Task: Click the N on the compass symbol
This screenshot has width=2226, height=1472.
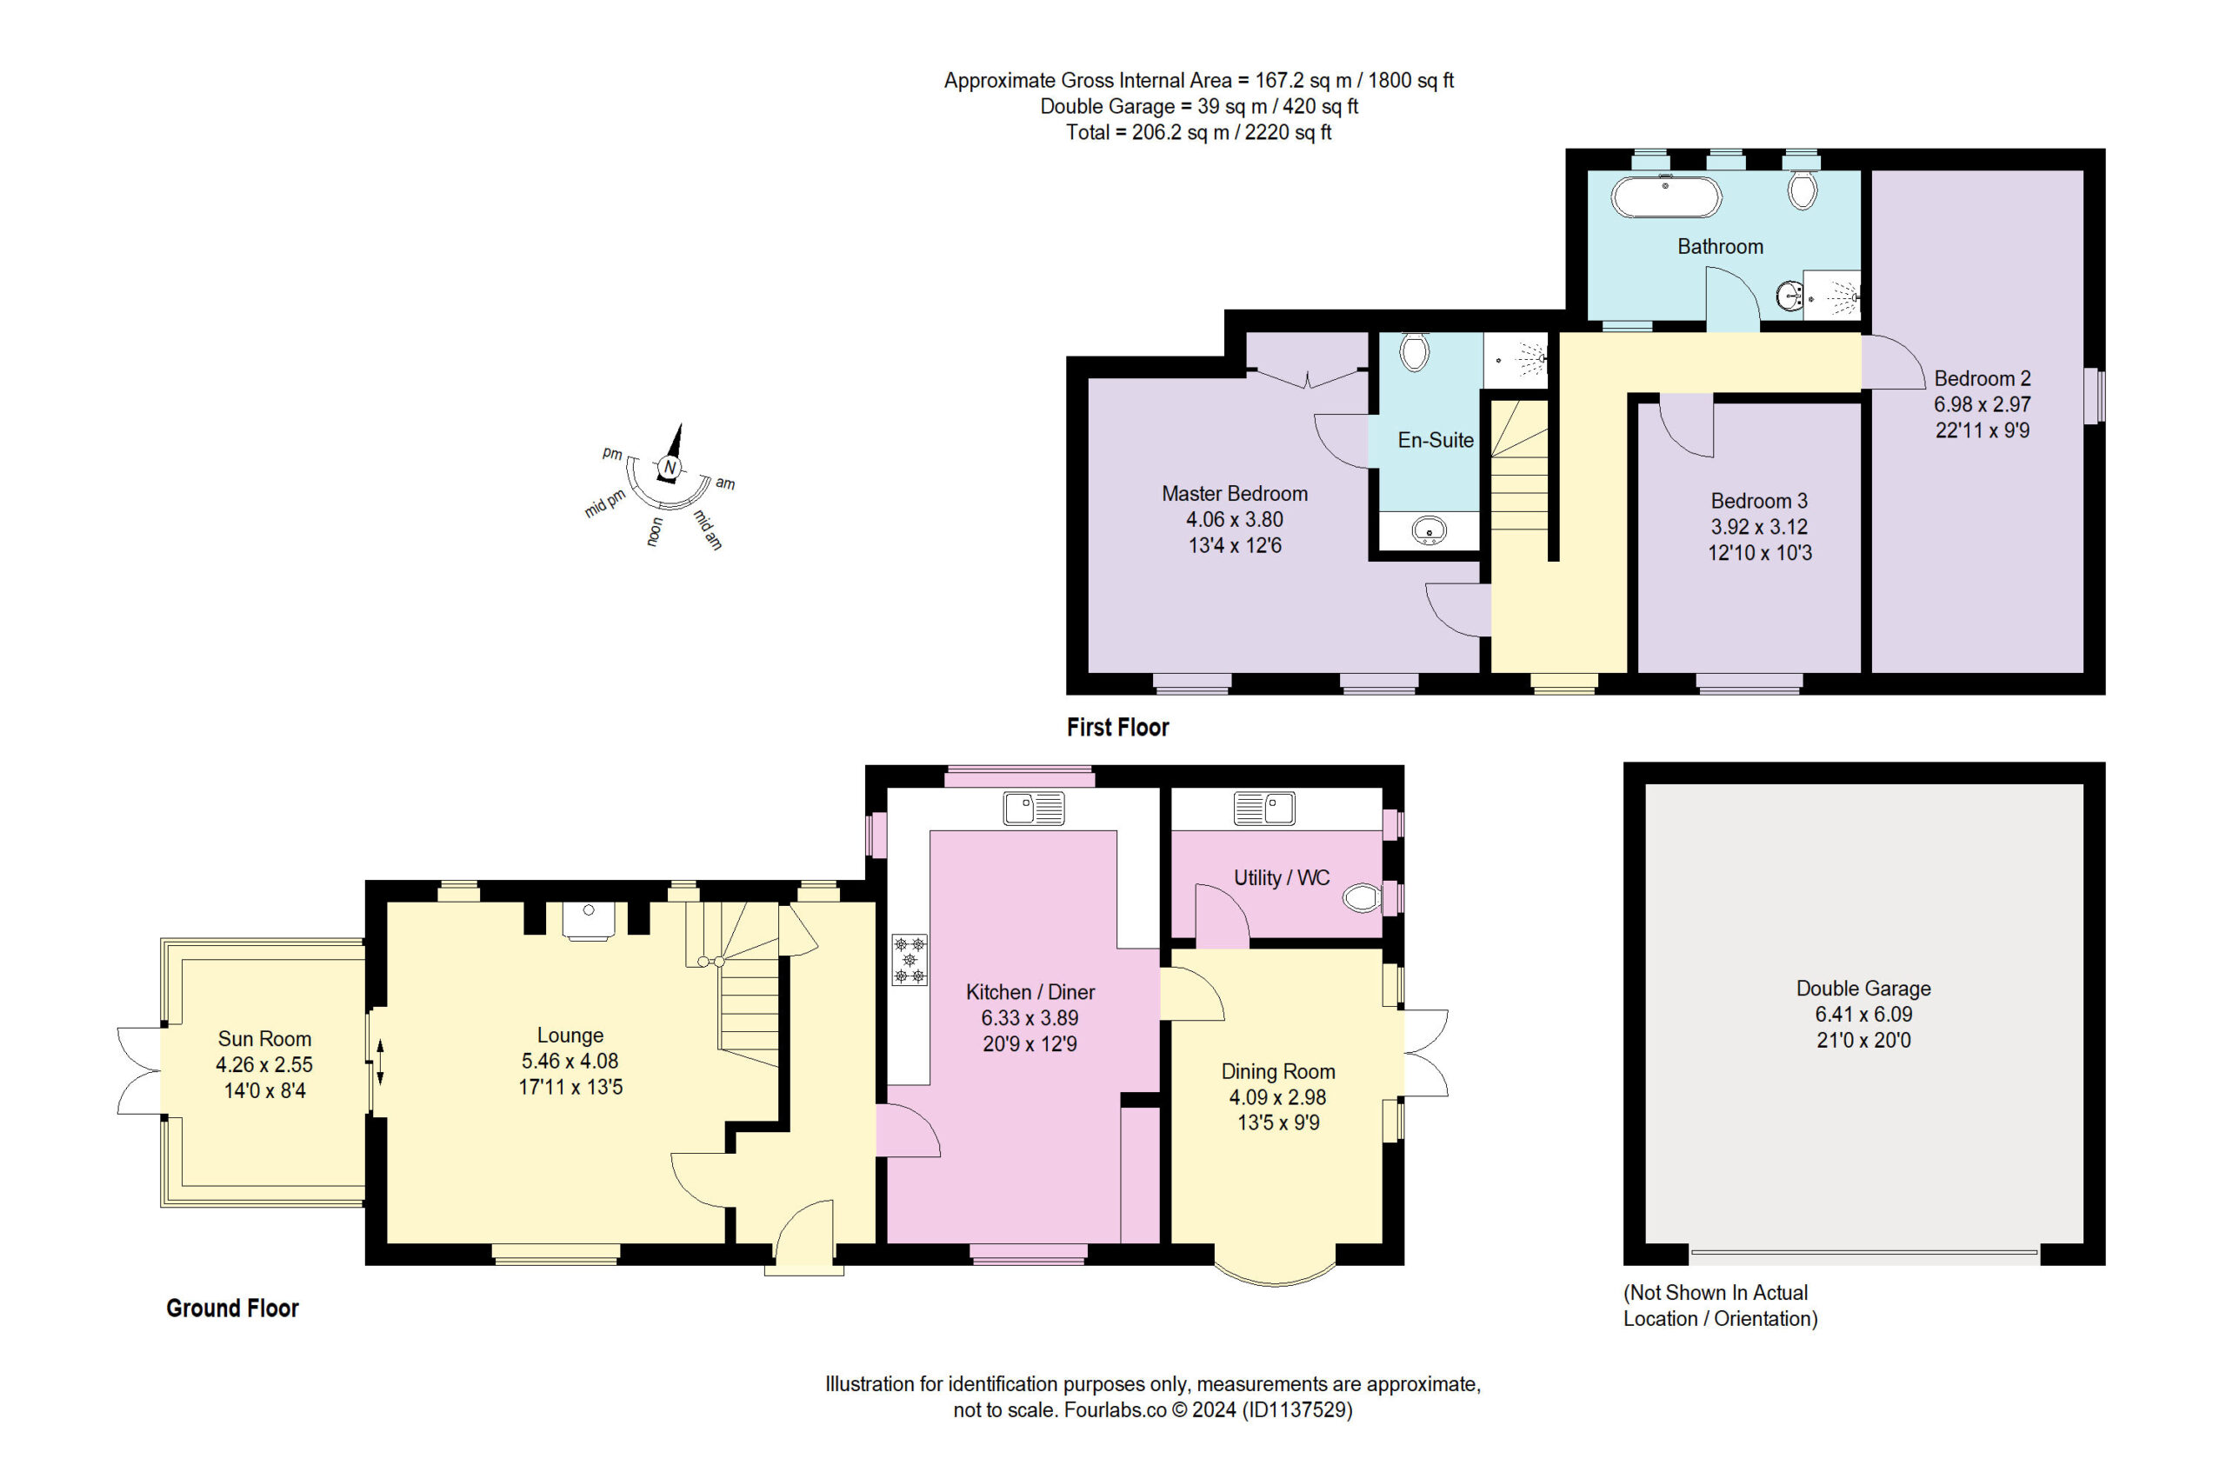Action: [x=669, y=468]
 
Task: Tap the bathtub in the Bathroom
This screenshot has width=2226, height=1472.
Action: [x=1665, y=197]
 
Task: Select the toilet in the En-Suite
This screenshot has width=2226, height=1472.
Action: [x=1413, y=352]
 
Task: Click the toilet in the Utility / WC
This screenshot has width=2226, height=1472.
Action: [x=1363, y=898]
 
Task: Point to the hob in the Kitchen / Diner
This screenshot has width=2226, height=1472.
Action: [x=909, y=959]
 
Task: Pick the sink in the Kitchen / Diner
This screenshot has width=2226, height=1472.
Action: [x=1033, y=808]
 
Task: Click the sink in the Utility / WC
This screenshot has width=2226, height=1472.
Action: [x=1263, y=808]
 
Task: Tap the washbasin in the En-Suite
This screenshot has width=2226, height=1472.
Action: [x=1429, y=530]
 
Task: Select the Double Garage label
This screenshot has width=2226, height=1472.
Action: [x=1863, y=988]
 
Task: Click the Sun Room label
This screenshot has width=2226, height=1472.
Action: [x=263, y=1038]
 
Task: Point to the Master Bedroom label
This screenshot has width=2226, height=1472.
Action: [x=1234, y=493]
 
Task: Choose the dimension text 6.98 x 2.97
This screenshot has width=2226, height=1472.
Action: [x=1982, y=403]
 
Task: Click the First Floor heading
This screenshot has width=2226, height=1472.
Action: [x=1117, y=727]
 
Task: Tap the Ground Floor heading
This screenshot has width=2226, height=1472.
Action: [x=232, y=1308]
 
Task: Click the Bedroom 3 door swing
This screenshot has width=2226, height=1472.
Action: [x=1686, y=425]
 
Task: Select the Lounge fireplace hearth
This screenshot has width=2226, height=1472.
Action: [x=588, y=920]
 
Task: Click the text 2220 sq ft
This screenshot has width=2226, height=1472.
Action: [x=1288, y=132]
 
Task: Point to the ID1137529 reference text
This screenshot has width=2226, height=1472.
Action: [x=1296, y=1409]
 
